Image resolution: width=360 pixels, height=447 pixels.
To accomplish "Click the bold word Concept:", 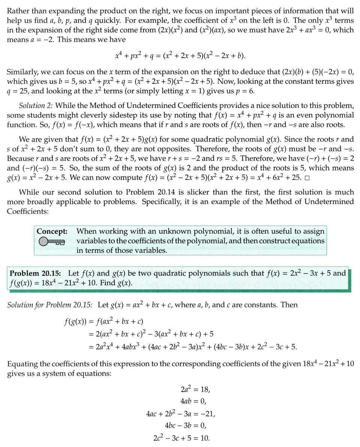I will [52, 231].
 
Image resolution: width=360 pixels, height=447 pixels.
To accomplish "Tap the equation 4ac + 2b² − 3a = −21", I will [180, 414].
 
